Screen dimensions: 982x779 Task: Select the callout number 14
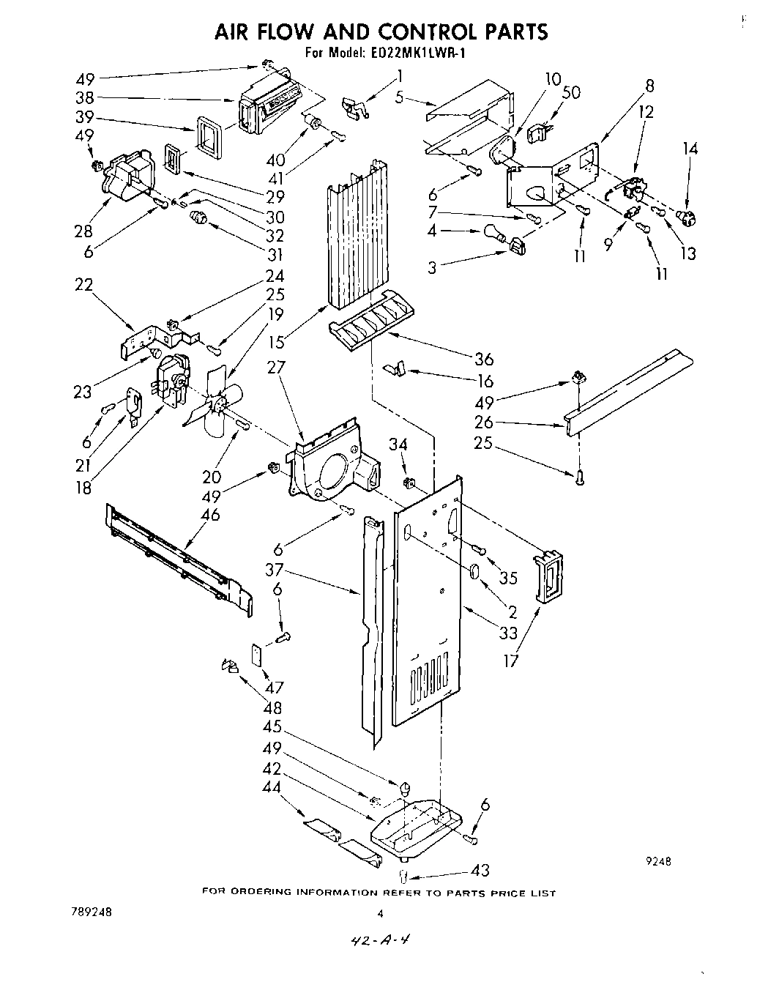tap(690, 149)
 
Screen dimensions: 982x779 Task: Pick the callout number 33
tap(507, 633)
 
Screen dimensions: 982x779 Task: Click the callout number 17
tap(511, 661)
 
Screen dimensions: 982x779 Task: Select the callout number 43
tap(480, 870)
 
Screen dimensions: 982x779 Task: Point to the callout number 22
tap(85, 285)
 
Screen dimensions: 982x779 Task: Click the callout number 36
tap(484, 359)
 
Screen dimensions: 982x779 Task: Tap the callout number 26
tap(483, 423)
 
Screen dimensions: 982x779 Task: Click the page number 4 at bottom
tap(380, 913)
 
